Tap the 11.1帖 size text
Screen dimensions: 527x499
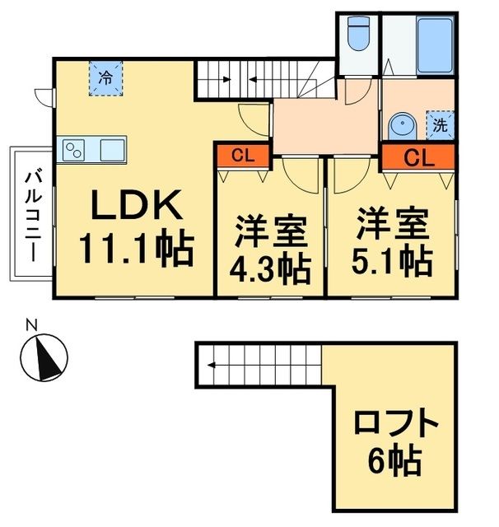(136, 246)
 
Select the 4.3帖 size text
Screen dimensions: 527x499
(270, 267)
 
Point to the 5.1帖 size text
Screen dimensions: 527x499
(392, 259)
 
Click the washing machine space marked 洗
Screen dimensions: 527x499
(440, 126)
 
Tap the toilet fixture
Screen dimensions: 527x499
(359, 37)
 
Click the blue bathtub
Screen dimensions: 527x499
(431, 43)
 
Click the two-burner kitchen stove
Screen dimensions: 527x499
(75, 151)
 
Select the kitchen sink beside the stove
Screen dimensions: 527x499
(112, 151)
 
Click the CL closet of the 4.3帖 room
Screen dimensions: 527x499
(241, 155)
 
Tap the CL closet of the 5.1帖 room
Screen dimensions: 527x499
(417, 155)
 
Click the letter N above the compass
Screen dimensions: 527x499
(30, 324)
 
